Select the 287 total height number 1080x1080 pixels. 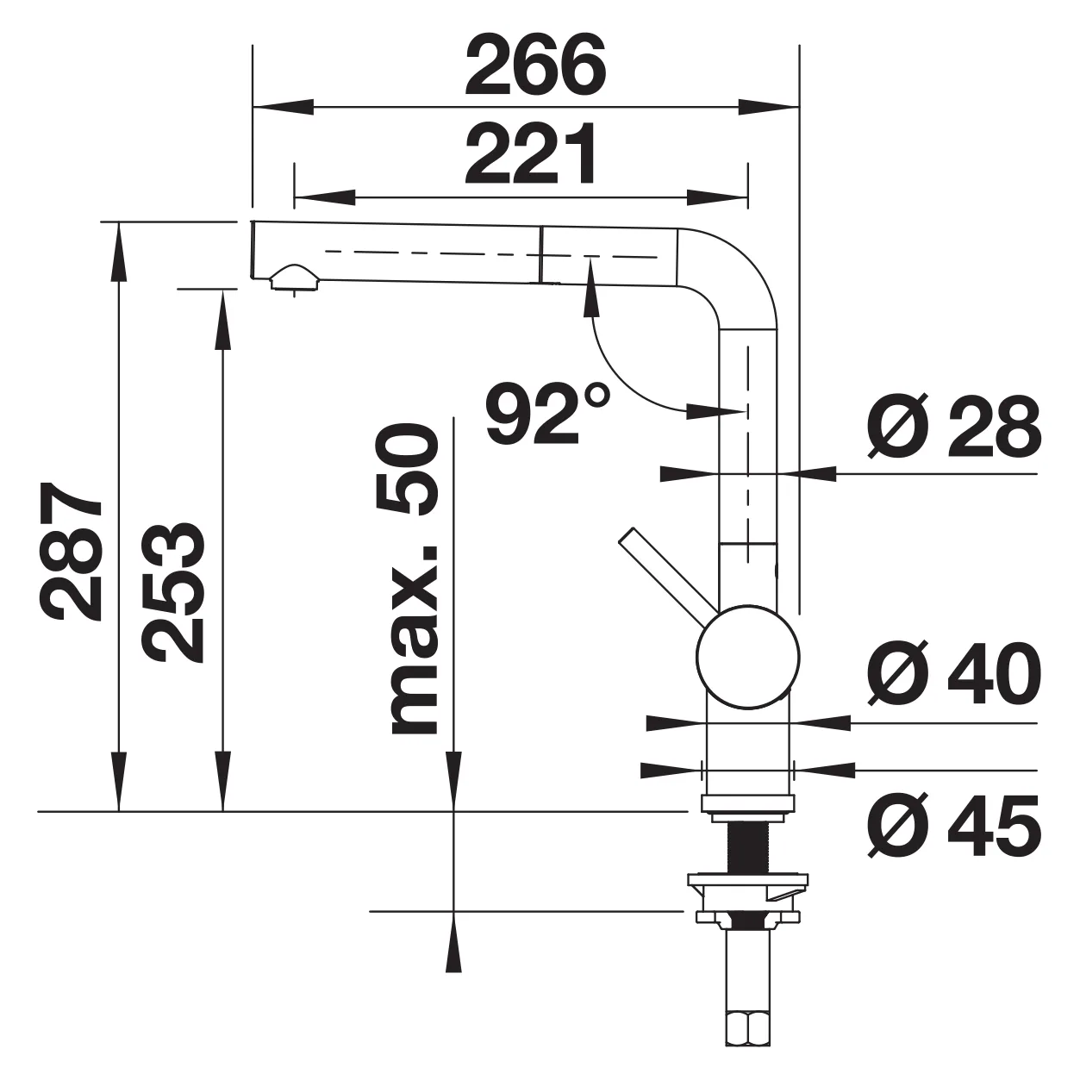[72, 551]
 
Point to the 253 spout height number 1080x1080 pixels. [172, 592]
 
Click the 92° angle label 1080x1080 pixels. [547, 415]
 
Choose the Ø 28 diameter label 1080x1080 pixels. [953, 427]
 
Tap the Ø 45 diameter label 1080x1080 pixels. [953, 827]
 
